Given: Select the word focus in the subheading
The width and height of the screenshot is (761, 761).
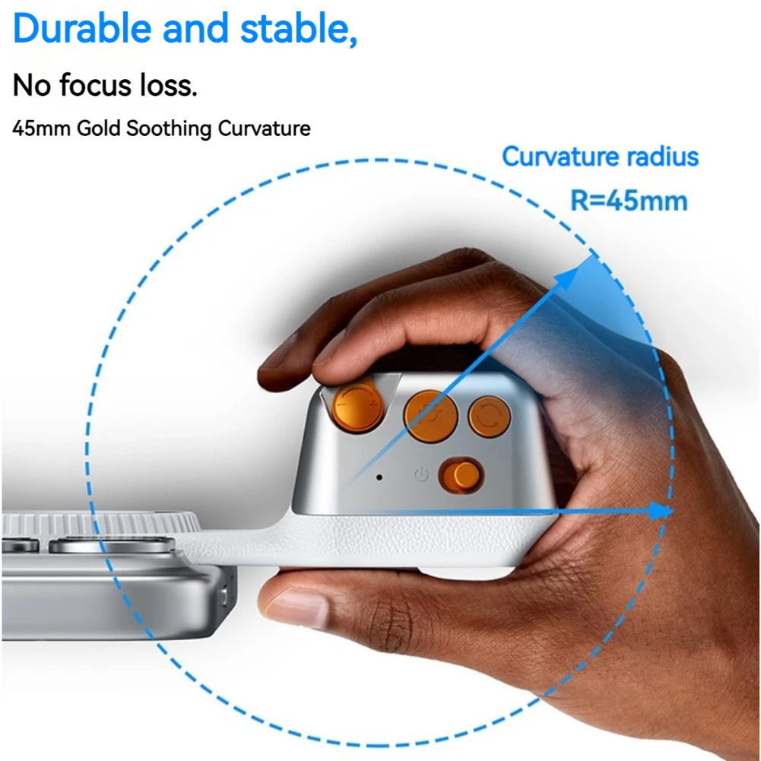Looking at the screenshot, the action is (x=96, y=85).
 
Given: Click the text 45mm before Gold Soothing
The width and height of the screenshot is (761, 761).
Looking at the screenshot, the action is (x=41, y=128).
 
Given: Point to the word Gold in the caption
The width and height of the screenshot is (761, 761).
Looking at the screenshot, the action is (x=99, y=128).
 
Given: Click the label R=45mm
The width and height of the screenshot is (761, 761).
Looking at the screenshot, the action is (x=629, y=201).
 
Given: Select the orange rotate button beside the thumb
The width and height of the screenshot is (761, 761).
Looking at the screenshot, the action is (x=490, y=417).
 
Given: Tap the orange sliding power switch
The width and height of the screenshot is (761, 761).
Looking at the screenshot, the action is (x=461, y=475).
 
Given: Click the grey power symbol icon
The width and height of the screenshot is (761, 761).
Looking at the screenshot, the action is (x=421, y=474).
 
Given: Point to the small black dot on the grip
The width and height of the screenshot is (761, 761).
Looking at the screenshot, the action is (x=379, y=477).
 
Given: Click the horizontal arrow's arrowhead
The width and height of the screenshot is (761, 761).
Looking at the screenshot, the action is (x=661, y=511).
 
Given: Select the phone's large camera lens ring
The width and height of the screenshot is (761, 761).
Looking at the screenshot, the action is (x=112, y=544).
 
